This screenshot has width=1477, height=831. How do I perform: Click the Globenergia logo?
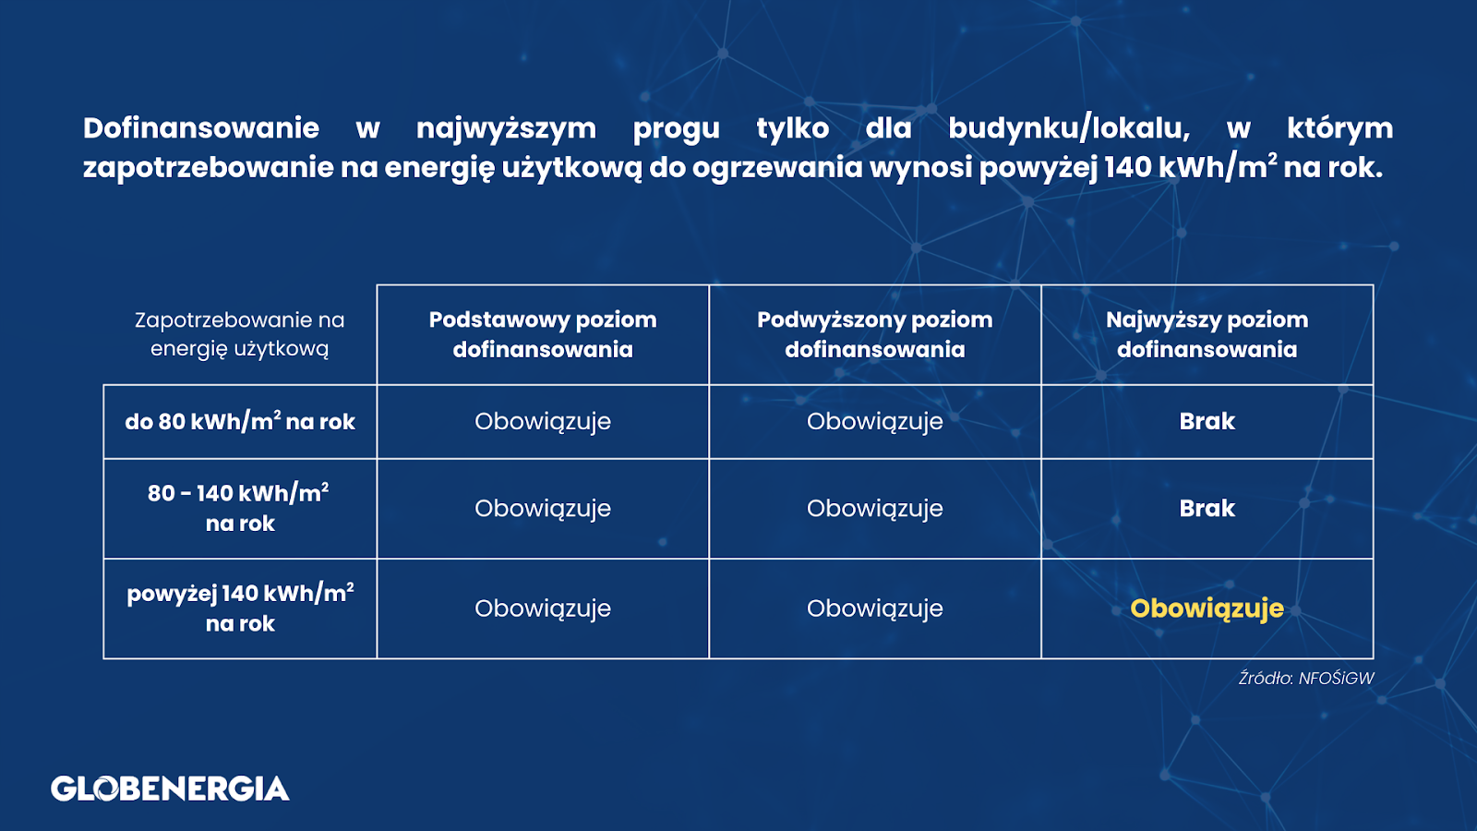[170, 789]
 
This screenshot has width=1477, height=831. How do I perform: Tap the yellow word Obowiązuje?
[1207, 608]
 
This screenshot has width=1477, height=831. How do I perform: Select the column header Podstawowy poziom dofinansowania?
[543, 334]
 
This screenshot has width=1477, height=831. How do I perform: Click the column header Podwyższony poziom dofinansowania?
[875, 334]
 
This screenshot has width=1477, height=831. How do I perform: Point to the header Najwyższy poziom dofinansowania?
[1207, 334]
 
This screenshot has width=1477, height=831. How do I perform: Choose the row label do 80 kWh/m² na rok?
[240, 421]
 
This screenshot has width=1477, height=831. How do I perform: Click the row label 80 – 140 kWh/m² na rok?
[239, 508]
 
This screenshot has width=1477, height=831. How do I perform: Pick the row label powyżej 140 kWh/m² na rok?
[240, 608]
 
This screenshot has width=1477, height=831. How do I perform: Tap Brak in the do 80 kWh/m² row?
[1207, 421]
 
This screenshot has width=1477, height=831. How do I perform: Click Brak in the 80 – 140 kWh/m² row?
[1207, 508]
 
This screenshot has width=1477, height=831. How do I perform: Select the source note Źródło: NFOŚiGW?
[1306, 678]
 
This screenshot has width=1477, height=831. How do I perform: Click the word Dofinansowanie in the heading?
[201, 128]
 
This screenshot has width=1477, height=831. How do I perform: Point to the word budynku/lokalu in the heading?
[1069, 128]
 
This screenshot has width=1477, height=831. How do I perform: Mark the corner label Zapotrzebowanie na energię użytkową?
[239, 334]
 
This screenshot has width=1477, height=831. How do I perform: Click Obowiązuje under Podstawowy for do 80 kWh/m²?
[543, 421]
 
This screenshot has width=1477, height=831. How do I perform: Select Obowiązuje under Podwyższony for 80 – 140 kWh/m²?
[875, 509]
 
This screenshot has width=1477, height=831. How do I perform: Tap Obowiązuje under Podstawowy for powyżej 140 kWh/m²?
[543, 608]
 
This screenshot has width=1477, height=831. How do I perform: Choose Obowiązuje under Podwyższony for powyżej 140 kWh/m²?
[875, 608]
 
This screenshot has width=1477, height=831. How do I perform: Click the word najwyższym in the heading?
[507, 129]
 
